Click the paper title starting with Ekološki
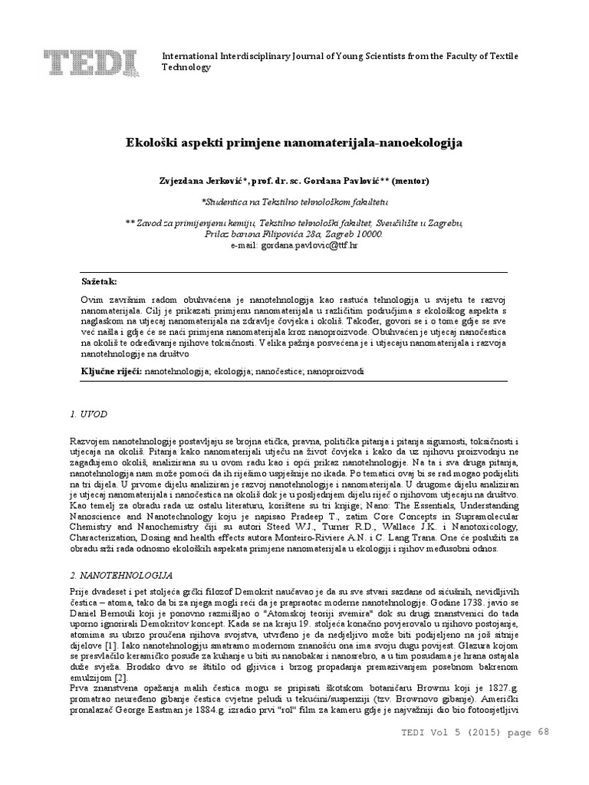[x=294, y=143]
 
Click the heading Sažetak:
[x=100, y=282]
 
